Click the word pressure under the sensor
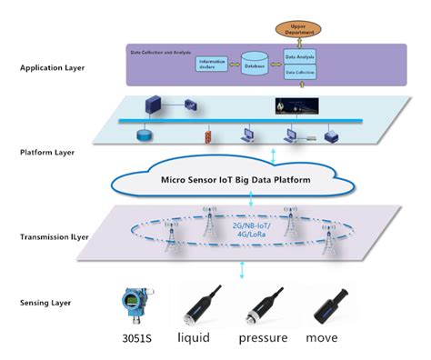pos(263,340)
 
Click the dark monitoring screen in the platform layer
pos(291,107)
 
